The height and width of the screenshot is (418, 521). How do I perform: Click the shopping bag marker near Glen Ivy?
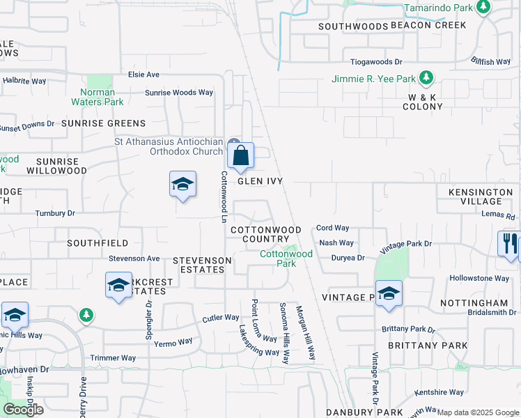[x=240, y=155]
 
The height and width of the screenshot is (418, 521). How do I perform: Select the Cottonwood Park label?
[x=286, y=258]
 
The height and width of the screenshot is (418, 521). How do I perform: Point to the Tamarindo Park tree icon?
[x=483, y=8]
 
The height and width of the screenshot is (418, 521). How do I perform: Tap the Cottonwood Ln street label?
[x=224, y=197]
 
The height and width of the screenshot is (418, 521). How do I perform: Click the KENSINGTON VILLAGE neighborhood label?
[x=481, y=196]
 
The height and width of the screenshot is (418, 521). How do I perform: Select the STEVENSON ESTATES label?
[x=202, y=265]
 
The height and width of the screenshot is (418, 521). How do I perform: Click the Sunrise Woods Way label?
[x=179, y=92]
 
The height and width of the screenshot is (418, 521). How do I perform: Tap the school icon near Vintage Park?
[x=389, y=293]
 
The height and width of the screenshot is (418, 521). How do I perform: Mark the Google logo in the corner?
[x=23, y=410]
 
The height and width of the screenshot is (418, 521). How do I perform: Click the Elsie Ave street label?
[x=144, y=75]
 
